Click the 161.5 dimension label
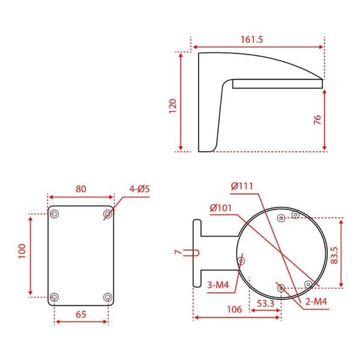click(x=251, y=40)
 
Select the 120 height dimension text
click(x=173, y=106)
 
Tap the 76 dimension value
click(x=317, y=120)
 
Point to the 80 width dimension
click(x=81, y=189)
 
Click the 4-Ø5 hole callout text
click(x=139, y=189)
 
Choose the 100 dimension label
click(x=22, y=251)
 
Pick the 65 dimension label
click(x=81, y=314)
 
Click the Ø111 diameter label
click(x=242, y=186)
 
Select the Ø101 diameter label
click(x=221, y=208)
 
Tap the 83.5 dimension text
click(x=335, y=255)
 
